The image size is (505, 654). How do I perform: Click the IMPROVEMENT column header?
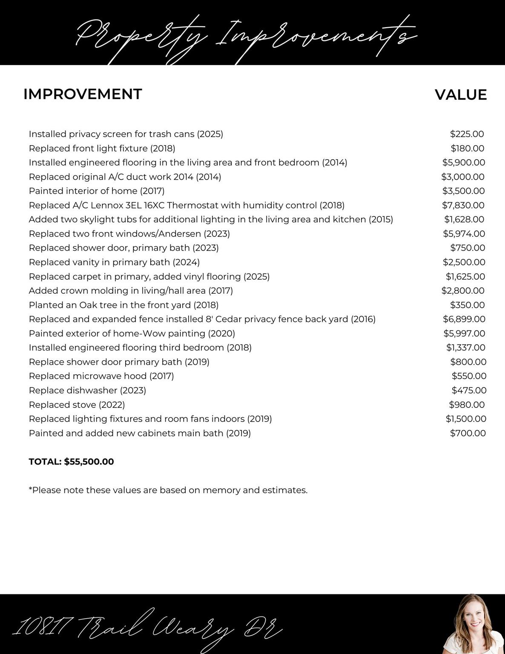coord(83,94)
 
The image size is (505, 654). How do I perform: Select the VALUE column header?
coord(460,95)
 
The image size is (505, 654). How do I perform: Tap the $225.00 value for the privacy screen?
coord(467,134)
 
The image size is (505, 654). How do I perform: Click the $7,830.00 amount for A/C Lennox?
coord(463,205)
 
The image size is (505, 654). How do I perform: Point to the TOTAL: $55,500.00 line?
coord(71,462)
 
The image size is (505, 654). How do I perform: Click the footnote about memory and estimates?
coord(168,490)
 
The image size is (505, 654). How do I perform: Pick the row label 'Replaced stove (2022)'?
coord(77,404)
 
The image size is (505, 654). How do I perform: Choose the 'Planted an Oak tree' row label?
coord(123,305)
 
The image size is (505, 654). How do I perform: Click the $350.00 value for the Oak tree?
coord(467,305)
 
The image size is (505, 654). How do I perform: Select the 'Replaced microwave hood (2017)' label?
coord(101,376)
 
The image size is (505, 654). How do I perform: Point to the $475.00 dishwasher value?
coord(469,390)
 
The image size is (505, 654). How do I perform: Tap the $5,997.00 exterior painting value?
coord(464,333)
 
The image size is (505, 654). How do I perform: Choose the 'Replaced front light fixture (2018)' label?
coord(102,148)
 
